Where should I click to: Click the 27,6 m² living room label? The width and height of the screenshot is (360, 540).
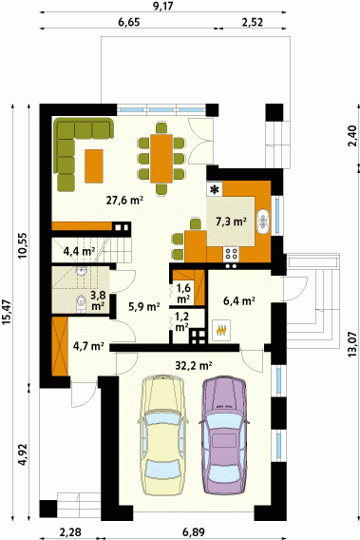(124, 200)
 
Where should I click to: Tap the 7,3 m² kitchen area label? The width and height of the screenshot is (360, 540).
(231, 222)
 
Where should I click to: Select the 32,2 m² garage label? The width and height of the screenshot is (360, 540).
(194, 365)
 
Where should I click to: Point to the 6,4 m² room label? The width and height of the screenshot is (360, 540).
(239, 301)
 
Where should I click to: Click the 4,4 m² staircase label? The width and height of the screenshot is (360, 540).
(79, 251)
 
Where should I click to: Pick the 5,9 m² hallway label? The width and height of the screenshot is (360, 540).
(143, 306)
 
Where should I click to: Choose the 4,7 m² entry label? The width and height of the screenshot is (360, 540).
(88, 345)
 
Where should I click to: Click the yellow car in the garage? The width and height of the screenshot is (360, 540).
(162, 435)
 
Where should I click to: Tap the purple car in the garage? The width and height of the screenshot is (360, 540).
(224, 436)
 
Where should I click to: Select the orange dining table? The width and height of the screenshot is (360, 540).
(161, 159)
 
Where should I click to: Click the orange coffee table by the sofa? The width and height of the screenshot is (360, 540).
(94, 166)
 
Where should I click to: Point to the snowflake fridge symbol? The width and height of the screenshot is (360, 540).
(215, 189)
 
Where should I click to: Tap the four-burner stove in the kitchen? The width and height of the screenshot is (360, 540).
(231, 254)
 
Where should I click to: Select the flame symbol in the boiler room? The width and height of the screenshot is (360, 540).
(221, 331)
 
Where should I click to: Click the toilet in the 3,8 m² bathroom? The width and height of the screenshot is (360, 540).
(82, 303)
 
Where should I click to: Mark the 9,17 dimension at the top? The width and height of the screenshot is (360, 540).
(162, 6)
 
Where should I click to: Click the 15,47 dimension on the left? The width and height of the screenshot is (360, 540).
(7, 313)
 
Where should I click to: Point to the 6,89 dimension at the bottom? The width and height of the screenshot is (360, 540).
(194, 532)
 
